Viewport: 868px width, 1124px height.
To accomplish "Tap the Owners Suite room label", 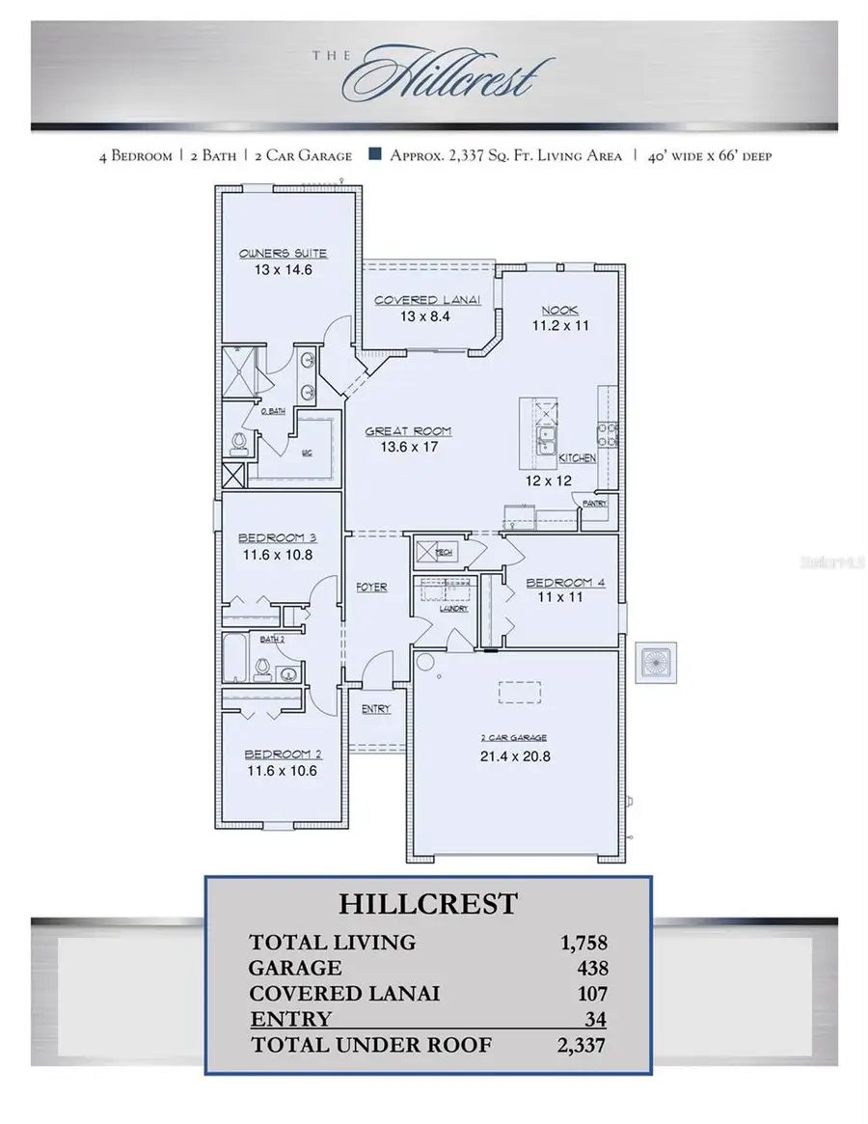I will [283, 253].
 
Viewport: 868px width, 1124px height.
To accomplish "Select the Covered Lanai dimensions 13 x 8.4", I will [413, 315].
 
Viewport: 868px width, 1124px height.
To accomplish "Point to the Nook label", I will [559, 310].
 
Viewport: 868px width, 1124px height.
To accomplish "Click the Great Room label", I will [408, 431].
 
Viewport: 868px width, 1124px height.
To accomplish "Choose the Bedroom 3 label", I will [278, 537].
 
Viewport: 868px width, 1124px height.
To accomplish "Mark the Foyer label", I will [371, 587].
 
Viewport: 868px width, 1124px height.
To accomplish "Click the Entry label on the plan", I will [376, 709].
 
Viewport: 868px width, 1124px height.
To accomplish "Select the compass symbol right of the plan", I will [661, 665].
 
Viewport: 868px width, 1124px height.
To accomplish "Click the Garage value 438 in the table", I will [594, 968].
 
